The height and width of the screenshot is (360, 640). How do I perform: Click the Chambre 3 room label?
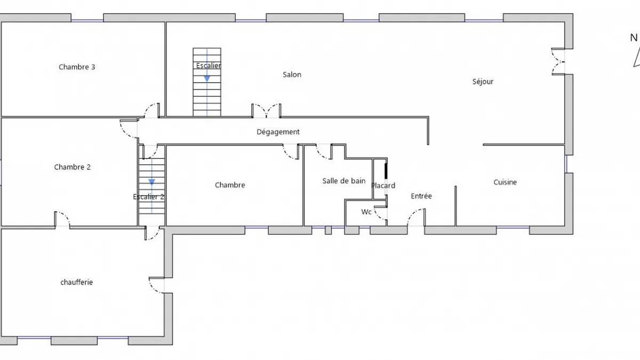pos(77,67)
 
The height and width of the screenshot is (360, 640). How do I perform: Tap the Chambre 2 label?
pos(73,167)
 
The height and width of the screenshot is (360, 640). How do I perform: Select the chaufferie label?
pos(77,282)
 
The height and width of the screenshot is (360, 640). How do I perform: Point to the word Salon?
pos(292,75)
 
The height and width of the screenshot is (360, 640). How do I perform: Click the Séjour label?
pos(483,82)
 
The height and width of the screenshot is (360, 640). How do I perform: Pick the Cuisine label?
pos(505,182)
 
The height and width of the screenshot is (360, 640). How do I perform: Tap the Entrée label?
pos(421,196)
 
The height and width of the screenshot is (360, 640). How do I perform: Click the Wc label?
pos(366,212)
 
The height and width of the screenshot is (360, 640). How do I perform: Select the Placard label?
pos(383,186)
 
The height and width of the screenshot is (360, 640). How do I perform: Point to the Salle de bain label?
pos(344,181)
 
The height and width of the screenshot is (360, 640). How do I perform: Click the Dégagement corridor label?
pos(278,132)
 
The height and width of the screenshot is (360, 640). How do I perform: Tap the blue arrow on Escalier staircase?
pos(207,78)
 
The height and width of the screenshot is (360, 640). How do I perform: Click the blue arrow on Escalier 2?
pos(151,182)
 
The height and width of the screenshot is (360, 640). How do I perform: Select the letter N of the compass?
pos(634,38)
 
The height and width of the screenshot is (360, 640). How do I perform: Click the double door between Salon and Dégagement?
pos(266,111)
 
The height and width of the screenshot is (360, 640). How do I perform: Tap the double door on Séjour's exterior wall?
pos(558,62)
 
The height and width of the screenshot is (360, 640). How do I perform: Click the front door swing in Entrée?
pos(417,218)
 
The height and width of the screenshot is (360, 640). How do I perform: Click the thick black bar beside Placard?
pos(386,171)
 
